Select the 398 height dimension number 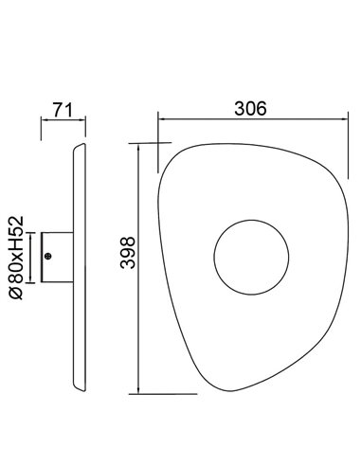click(x=127, y=255)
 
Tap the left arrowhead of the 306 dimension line click(x=161, y=119)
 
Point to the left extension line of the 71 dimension click(x=41, y=128)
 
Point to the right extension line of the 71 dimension click(x=86, y=128)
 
